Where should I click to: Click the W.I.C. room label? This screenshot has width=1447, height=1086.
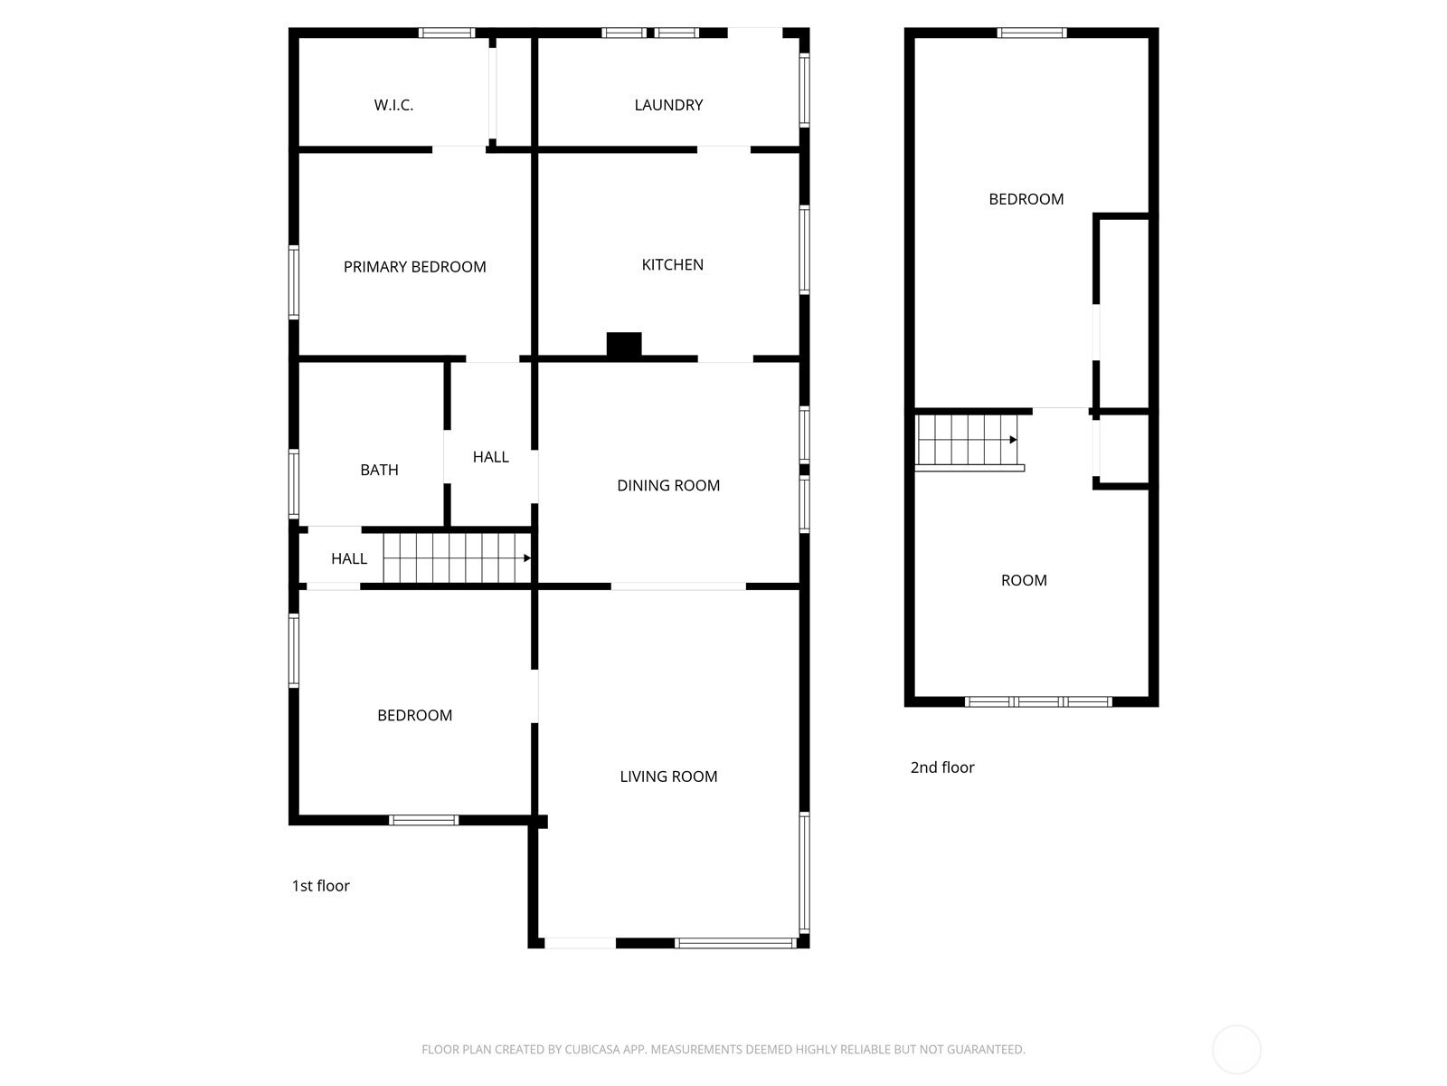[393, 105]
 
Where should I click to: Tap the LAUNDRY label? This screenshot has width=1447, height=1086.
[668, 105]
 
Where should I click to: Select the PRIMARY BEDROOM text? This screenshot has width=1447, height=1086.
[414, 267]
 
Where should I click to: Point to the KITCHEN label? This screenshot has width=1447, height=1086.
[673, 264]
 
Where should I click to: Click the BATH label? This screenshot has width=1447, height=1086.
[379, 470]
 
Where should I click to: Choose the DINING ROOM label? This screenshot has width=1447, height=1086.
[668, 485]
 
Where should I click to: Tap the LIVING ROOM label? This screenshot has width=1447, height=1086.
[668, 776]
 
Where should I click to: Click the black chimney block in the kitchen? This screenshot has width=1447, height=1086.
[624, 345]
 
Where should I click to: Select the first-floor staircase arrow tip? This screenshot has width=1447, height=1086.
[530, 558]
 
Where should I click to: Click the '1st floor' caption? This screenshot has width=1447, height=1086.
[320, 886]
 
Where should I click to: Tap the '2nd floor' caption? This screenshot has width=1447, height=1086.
[942, 767]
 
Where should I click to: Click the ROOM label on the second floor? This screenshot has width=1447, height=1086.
[1024, 580]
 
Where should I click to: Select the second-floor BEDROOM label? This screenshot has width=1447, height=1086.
[1026, 199]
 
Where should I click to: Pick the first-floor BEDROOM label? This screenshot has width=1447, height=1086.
[414, 716]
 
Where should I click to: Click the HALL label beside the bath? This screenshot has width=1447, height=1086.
[490, 457]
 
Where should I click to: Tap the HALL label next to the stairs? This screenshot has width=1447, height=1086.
[349, 559]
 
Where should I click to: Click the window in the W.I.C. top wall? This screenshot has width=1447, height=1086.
[446, 33]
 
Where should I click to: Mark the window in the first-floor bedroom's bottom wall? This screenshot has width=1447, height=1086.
[423, 820]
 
